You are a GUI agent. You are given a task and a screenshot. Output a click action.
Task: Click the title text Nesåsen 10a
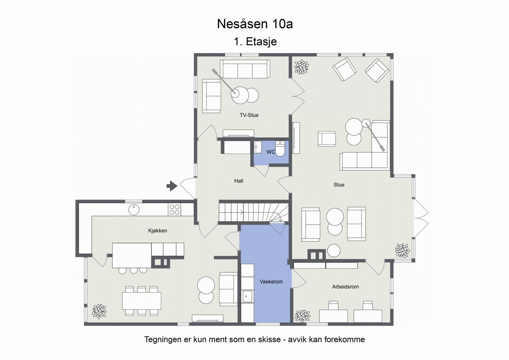pos(255,24)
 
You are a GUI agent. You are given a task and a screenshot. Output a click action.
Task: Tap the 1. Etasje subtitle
pos(255,41)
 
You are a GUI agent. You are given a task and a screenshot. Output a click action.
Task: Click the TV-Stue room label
pos(249,115)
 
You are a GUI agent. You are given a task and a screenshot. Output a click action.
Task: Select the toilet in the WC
pos(280,148)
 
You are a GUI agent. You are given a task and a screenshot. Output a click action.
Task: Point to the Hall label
pos(239,181)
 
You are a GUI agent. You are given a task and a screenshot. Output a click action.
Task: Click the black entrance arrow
pos(172,186)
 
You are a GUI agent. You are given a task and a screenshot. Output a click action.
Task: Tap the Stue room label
pos(339,185)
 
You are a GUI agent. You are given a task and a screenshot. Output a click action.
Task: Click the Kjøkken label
pos(157,231)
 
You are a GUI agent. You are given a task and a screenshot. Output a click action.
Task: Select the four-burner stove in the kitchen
pos(174,209)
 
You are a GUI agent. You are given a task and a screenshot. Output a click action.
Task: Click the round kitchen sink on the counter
pos(134,209)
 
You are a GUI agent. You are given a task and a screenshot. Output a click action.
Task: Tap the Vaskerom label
pos(271,282)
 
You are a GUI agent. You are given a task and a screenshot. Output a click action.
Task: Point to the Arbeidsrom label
pos(345,287)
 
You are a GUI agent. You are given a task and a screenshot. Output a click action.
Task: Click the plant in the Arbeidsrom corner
pos(302,316)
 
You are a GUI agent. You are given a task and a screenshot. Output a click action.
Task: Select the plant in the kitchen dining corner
pos(99,311)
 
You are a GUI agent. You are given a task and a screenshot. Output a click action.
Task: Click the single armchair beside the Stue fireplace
pos(327,139)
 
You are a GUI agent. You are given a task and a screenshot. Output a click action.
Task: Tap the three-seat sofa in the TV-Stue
pos(245,69)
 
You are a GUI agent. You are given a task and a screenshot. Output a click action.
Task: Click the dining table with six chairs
pos(142,301)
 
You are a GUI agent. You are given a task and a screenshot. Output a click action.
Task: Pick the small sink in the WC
pos(257,147)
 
